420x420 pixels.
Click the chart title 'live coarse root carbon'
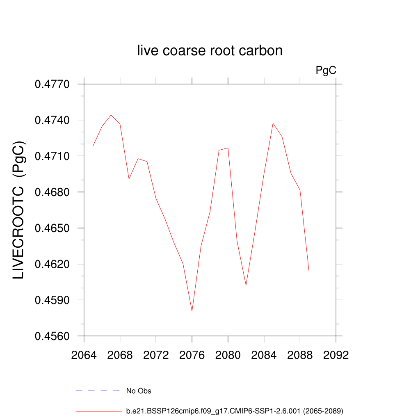[x=210, y=51]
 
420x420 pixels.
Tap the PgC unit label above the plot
[x=326, y=71]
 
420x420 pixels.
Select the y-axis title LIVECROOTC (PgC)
[x=19, y=210]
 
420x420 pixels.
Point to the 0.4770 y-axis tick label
[x=52, y=84]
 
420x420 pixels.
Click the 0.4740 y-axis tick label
[x=52, y=121]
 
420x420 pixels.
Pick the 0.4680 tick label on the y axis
[x=52, y=192]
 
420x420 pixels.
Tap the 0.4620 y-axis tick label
[x=52, y=265]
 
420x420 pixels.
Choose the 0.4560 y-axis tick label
[x=52, y=336]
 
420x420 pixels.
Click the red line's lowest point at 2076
[x=192, y=311]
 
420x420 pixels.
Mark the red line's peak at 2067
[x=111, y=115]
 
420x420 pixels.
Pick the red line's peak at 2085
[x=273, y=123]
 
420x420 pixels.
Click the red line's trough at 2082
[x=246, y=285]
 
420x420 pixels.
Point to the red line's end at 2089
[x=309, y=271]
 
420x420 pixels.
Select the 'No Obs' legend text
[x=139, y=391]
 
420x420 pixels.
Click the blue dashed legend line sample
[x=98, y=391]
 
